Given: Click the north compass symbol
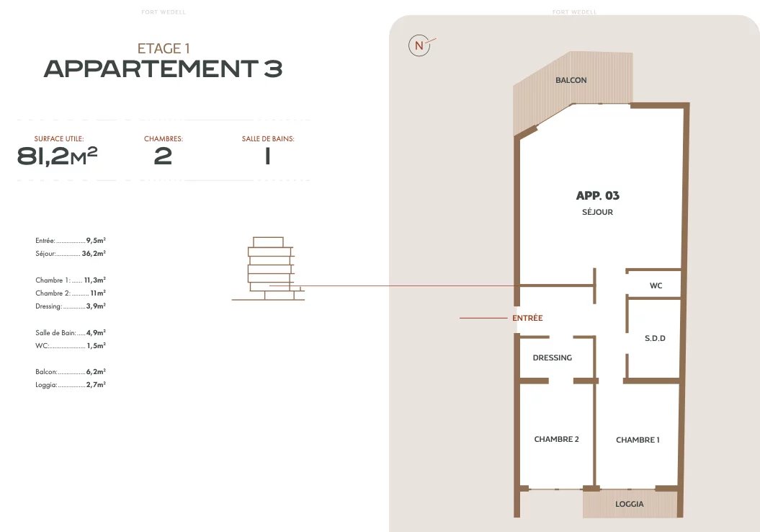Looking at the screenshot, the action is [x=420, y=45].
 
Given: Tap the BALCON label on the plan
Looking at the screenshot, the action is [x=571, y=80].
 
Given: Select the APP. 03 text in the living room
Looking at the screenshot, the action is [x=598, y=195].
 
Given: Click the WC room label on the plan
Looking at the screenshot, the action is [x=656, y=285].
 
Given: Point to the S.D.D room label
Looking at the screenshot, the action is [x=655, y=339].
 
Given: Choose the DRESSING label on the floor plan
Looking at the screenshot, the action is [x=552, y=358].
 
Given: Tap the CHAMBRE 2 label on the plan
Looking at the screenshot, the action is [x=556, y=440].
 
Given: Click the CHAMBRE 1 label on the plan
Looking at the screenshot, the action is [x=638, y=440].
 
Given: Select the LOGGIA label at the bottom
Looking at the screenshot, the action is [x=629, y=505].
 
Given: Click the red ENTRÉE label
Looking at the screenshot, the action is [x=527, y=318].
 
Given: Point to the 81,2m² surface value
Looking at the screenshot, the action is [x=57, y=156].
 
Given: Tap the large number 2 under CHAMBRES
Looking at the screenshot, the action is [x=163, y=156].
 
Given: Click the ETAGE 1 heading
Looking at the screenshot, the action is [x=164, y=48].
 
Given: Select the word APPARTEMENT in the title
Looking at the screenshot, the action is [x=151, y=69].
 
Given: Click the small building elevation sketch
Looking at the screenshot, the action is [x=268, y=269].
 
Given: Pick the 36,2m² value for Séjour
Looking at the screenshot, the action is [x=94, y=253].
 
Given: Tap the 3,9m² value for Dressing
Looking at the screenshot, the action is [x=96, y=306].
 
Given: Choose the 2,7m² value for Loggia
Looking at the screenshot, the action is [x=96, y=384].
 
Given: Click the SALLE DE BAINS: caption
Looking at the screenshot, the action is [x=268, y=138].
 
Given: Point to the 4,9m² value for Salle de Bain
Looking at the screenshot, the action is [x=96, y=333].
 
